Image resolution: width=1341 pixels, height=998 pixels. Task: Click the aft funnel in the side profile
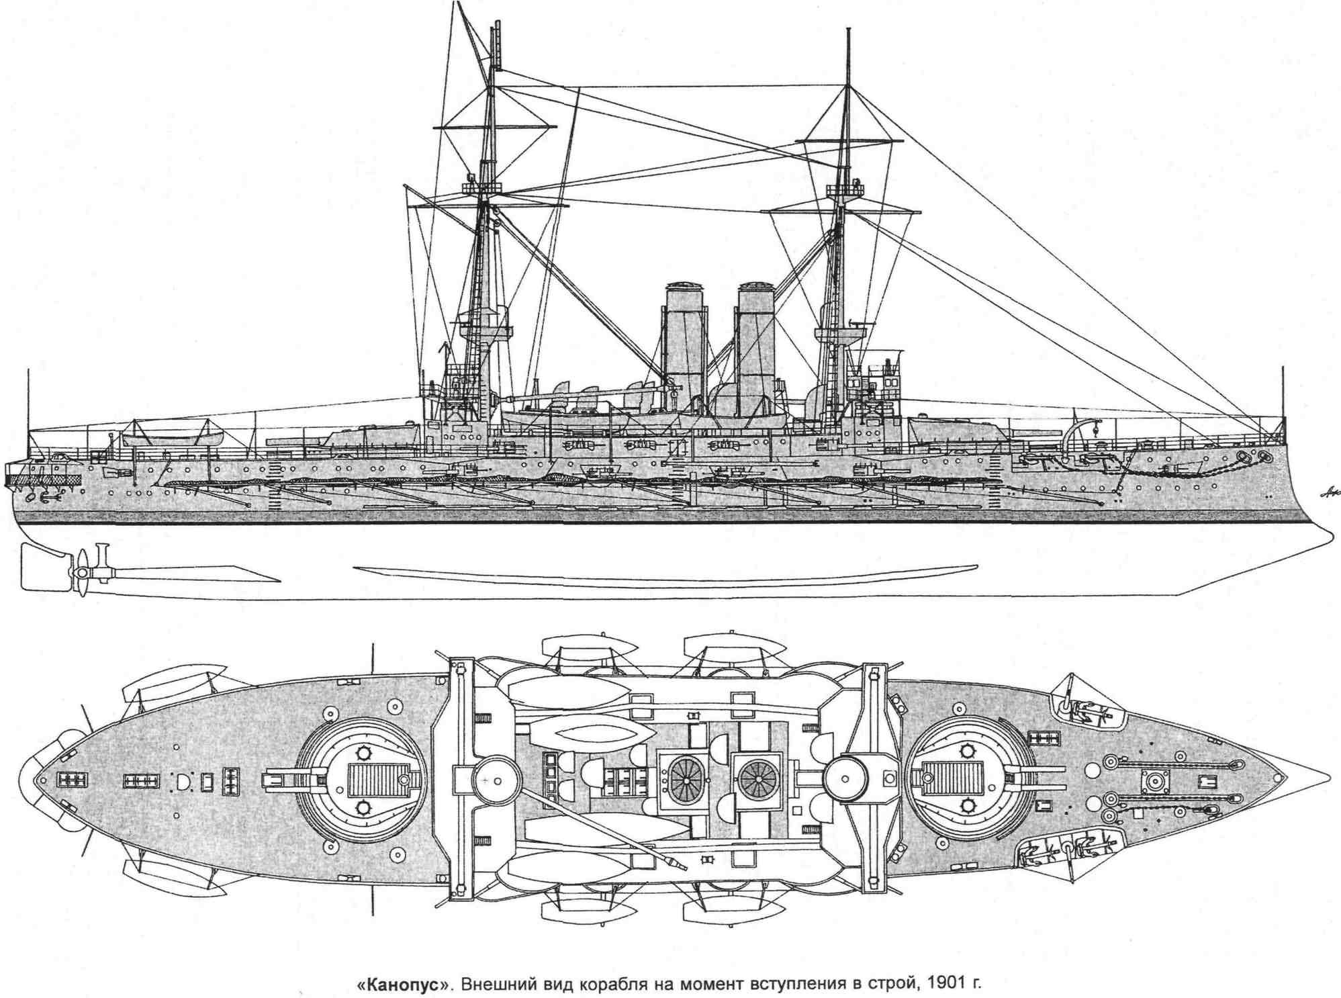682,336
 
